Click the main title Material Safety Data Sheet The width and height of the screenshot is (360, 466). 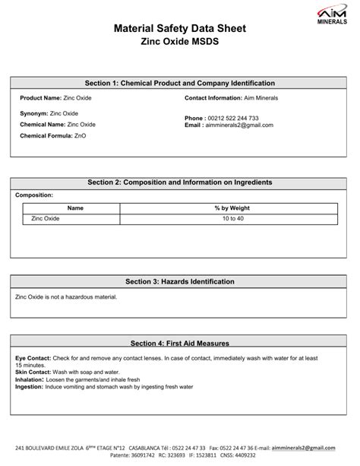pos(179,28)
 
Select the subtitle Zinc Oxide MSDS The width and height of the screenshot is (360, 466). pos(179,43)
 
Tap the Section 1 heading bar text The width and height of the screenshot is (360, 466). pos(179,83)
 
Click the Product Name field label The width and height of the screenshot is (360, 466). pos(40,98)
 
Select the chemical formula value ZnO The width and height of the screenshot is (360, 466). pos(81,135)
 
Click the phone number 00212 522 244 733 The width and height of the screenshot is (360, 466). pos(233,119)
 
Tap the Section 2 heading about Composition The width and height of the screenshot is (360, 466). pos(179,182)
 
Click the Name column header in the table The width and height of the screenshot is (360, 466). pos(75,208)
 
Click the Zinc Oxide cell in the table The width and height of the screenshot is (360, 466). pos(46,218)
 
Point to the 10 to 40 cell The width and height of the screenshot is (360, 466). pos(232,218)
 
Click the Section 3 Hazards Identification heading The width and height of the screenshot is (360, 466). pos(179,281)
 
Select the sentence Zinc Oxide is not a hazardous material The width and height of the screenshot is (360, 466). pos(66,296)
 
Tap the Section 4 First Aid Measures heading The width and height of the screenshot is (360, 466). pos(179,343)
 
